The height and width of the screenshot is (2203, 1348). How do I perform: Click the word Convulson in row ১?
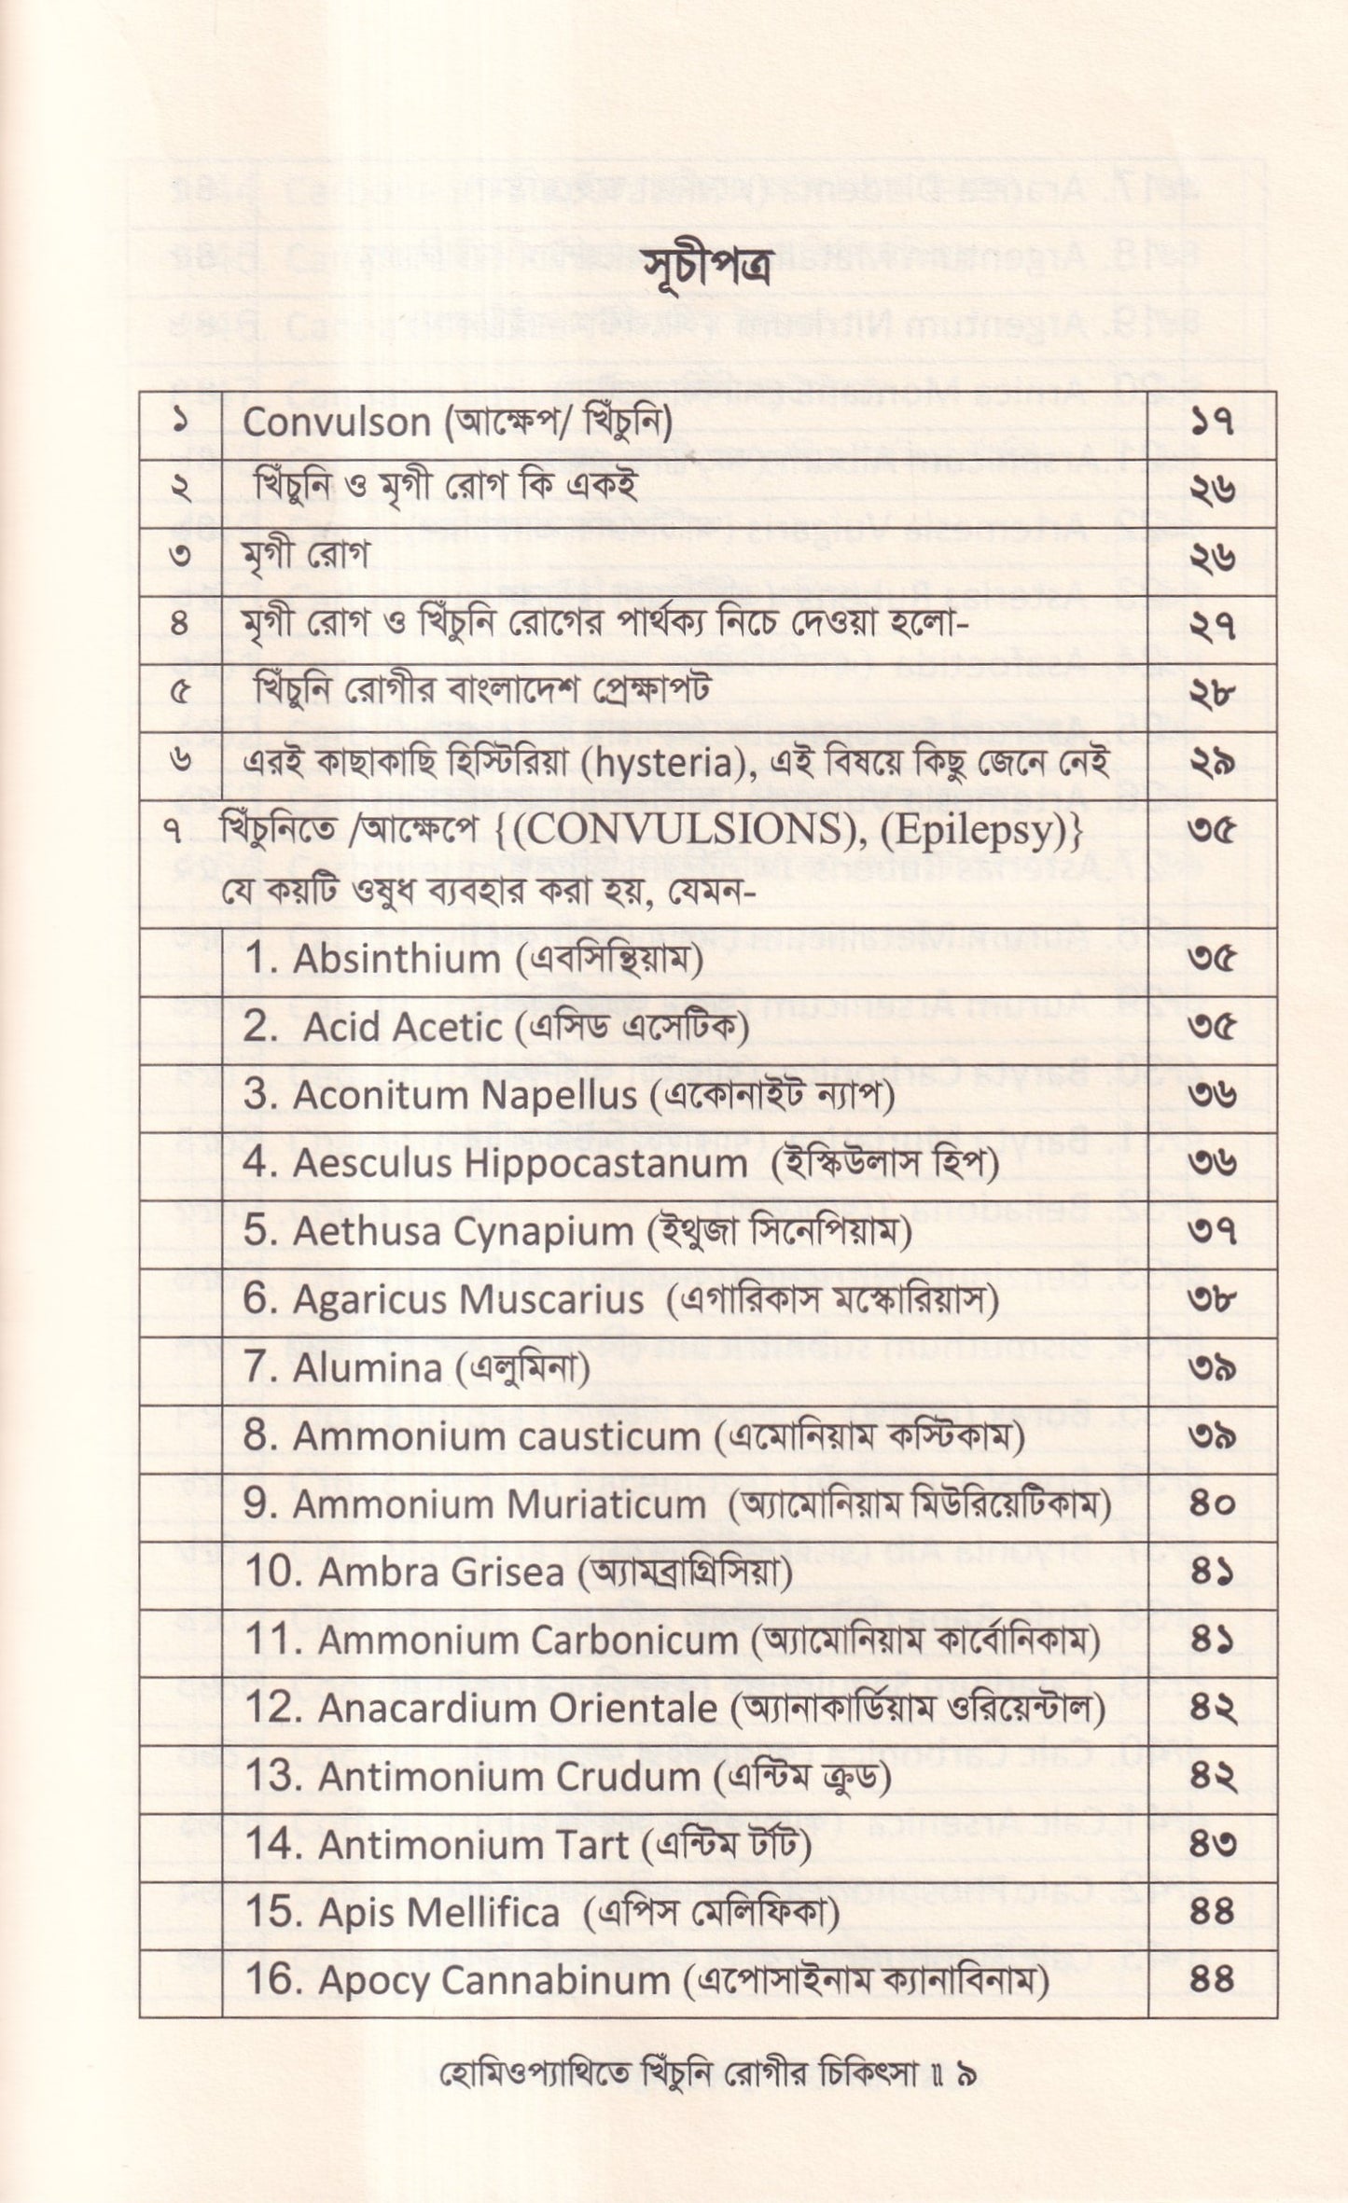335,423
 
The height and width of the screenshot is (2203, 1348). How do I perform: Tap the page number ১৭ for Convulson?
1213,423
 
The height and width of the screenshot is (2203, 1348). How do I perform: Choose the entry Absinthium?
396,959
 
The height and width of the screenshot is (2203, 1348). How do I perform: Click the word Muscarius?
556,1300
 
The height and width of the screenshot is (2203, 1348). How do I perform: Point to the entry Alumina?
368,1368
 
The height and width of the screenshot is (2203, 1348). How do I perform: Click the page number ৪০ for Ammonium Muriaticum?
1213,1504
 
